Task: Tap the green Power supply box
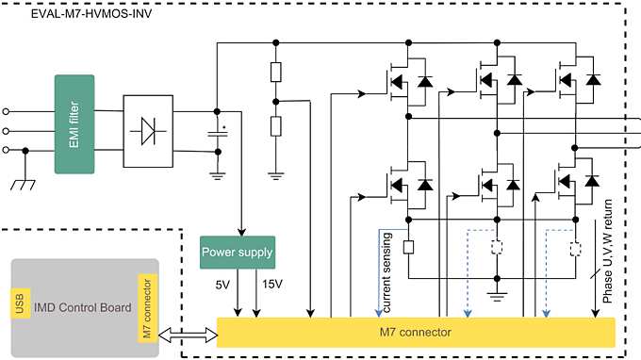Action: pyautogui.click(x=237, y=252)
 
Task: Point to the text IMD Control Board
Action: pyautogui.click(x=82, y=308)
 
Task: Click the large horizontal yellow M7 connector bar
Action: pyautogui.click(x=415, y=332)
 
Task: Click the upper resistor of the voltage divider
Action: pyautogui.click(x=275, y=73)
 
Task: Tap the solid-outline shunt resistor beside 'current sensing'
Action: pyautogui.click(x=407, y=249)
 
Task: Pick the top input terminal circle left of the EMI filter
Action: pyautogui.click(x=8, y=110)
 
